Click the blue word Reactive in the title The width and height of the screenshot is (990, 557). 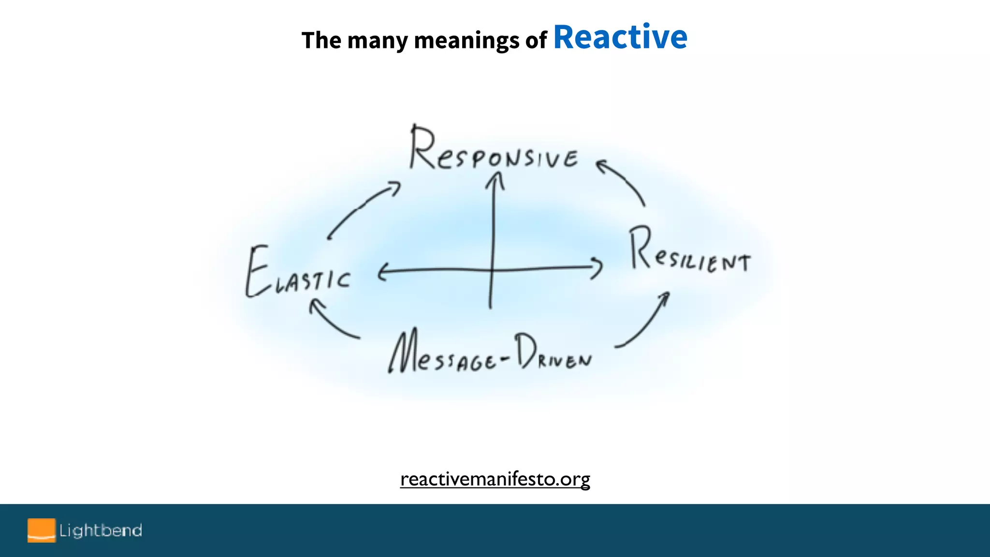pyautogui.click(x=620, y=37)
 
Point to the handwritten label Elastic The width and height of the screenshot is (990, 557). pyautogui.click(x=298, y=273)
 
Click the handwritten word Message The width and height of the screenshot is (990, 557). pyautogui.click(x=442, y=353)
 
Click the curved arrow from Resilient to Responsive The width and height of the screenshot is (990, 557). pyautogui.click(x=624, y=182)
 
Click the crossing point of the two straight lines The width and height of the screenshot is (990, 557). pyautogui.click(x=493, y=269)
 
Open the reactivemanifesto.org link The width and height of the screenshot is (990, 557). pyautogui.click(x=495, y=479)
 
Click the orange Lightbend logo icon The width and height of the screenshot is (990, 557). pyautogui.click(x=42, y=530)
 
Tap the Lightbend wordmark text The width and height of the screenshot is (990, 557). pyautogui.click(x=101, y=530)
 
